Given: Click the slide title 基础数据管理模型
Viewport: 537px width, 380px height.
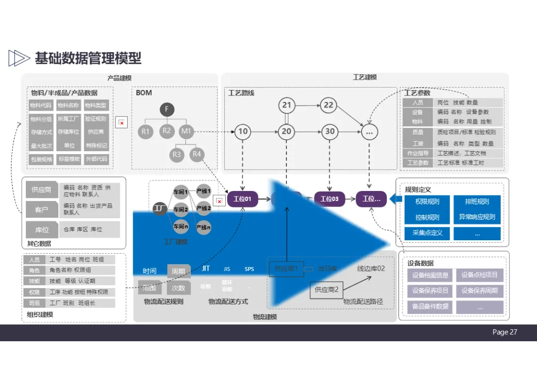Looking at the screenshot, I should click(x=88, y=58).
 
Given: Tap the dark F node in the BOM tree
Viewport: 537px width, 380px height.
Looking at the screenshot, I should click(x=167, y=110).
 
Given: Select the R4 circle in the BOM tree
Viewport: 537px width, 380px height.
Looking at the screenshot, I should click(x=197, y=154).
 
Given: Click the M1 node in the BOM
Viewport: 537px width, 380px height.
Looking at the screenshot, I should click(x=186, y=132).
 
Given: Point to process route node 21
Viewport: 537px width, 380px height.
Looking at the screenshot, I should click(x=286, y=105).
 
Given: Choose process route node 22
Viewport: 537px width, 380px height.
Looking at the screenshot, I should click(x=329, y=105).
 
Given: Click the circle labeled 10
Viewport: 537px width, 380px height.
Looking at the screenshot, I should click(x=243, y=132).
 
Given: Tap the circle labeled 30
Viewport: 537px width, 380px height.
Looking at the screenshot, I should click(x=330, y=132).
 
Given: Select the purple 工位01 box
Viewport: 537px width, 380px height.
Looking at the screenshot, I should click(x=242, y=199).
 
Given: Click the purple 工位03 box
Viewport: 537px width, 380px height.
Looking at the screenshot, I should click(x=329, y=199).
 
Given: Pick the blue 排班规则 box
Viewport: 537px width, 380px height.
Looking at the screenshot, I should click(x=477, y=202).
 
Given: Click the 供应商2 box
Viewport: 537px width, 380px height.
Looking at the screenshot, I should click(x=327, y=289).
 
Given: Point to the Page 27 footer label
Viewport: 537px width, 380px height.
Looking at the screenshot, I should click(x=505, y=332).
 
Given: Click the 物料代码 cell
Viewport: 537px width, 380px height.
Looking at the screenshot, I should click(x=40, y=105).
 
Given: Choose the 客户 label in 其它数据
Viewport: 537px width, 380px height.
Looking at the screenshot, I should click(x=42, y=209).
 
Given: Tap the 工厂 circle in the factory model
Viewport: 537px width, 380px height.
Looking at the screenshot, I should click(x=160, y=209).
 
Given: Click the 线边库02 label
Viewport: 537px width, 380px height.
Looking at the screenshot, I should click(x=371, y=269).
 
